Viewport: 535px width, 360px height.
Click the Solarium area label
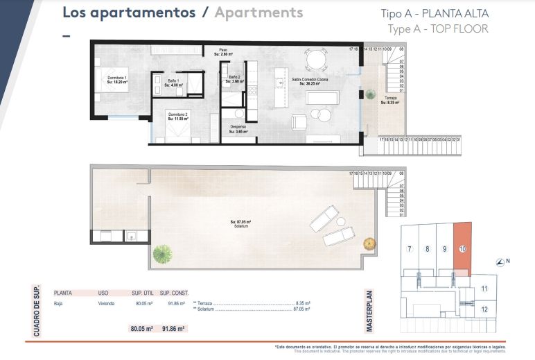pyautogui.click(x=240, y=223)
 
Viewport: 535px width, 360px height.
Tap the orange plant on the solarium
pyautogui.click(x=370, y=243)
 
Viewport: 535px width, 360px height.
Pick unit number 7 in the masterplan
pyautogui.click(x=410, y=249)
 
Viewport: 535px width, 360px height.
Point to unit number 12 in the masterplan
pyautogui.click(x=484, y=309)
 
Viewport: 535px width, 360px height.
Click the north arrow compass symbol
pyautogui.click(x=501, y=262)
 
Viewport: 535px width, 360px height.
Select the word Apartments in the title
pyautogui.click(x=258, y=12)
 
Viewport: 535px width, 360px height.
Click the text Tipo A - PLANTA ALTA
pyautogui.click(x=435, y=14)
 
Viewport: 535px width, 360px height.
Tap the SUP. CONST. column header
pyautogui.click(x=174, y=293)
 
